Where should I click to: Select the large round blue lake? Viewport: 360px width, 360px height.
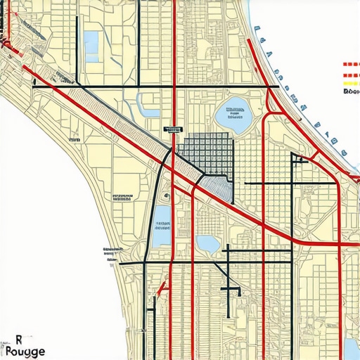point(234,115)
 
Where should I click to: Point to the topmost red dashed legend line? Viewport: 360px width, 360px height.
point(350,64)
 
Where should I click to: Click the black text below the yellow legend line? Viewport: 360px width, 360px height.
point(351,91)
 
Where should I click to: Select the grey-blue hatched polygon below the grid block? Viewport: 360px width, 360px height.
point(217,186)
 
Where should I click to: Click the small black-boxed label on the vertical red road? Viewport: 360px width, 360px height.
point(172,129)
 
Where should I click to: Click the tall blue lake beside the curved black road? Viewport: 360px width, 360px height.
point(161,225)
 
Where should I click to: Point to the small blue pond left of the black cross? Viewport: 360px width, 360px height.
point(208,244)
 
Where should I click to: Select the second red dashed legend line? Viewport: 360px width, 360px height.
point(350,73)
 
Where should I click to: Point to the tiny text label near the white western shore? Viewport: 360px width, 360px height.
point(75,141)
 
